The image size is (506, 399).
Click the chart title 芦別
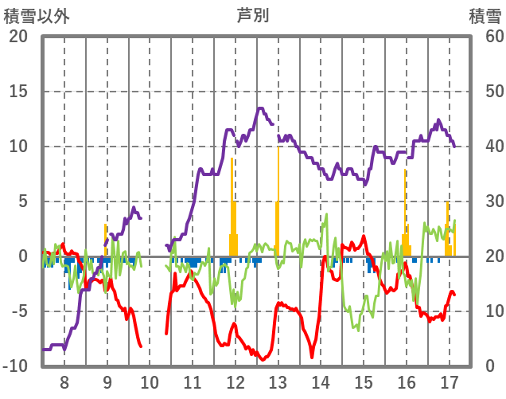tap(252, 15)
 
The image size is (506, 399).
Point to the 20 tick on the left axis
tap(18, 36)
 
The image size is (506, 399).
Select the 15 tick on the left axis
tap(18, 91)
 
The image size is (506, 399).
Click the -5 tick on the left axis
tap(18, 311)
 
